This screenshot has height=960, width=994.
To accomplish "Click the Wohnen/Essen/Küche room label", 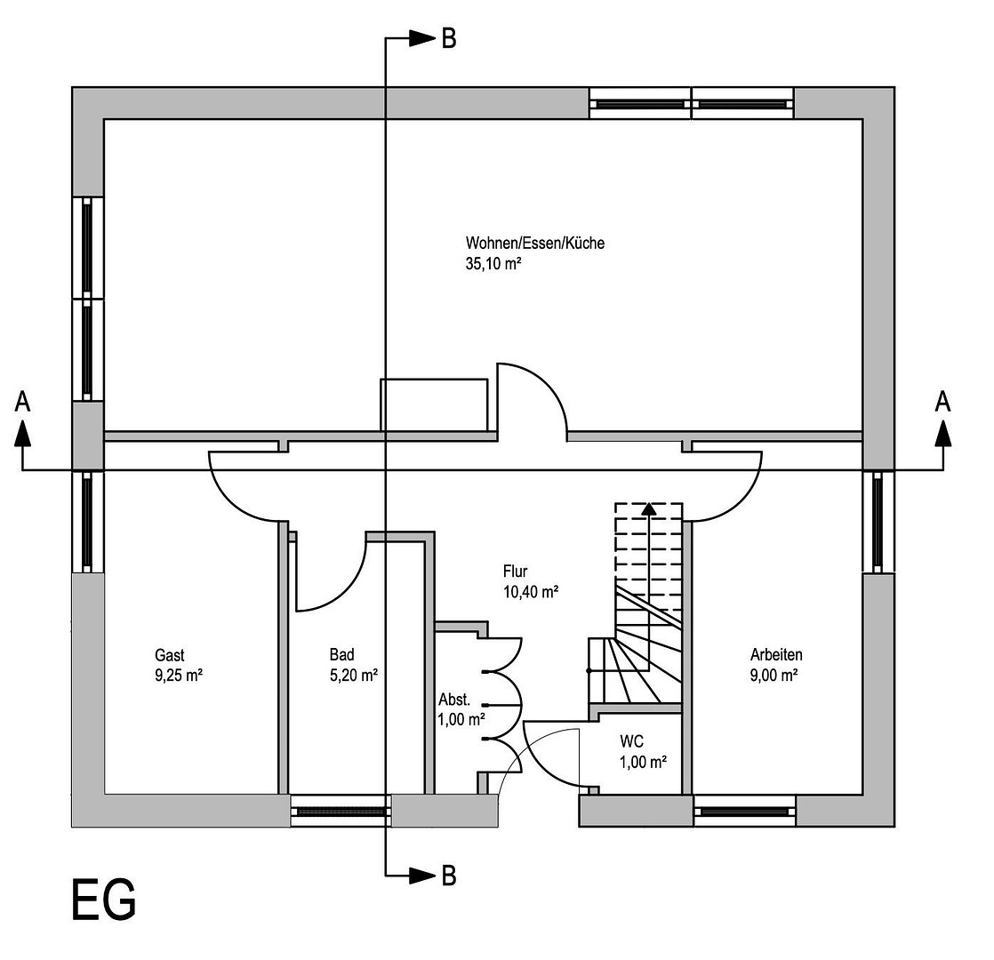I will (x=534, y=243).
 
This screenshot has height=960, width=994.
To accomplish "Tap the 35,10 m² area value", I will (x=493, y=264).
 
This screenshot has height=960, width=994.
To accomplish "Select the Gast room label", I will (x=169, y=655).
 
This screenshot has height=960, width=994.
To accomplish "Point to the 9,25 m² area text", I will (x=179, y=675).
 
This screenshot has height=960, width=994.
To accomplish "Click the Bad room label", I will (x=341, y=655).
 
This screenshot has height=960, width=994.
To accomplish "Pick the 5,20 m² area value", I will (x=353, y=675).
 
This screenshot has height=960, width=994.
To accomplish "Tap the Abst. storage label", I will (x=454, y=699).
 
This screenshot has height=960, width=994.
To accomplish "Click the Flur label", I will (x=515, y=572).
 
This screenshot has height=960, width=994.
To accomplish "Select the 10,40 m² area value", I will (x=530, y=591).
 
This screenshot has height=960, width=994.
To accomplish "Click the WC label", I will (x=632, y=740).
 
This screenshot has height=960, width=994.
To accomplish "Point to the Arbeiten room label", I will (x=776, y=655).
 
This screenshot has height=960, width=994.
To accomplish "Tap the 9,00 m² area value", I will (x=774, y=675).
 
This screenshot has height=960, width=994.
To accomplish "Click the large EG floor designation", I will (x=103, y=900).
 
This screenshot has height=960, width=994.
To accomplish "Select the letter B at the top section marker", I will (x=449, y=39).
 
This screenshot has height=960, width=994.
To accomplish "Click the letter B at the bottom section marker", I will (x=449, y=876).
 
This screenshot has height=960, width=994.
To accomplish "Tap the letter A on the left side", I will (x=23, y=403).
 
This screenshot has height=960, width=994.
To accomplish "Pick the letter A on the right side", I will (x=942, y=403).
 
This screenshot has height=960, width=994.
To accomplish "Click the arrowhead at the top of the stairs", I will (x=649, y=508).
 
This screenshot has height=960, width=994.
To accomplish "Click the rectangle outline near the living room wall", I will (x=434, y=404).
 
